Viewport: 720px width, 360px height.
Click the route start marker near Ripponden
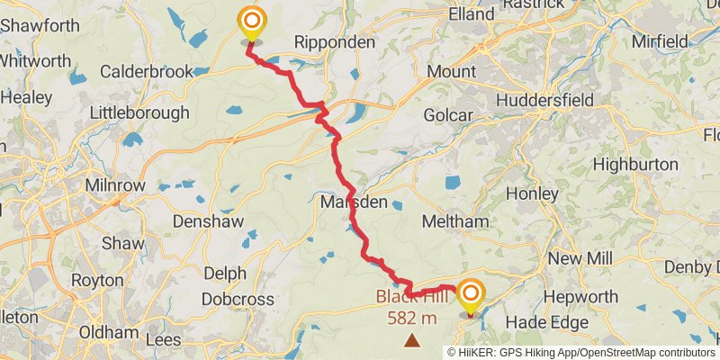[x=251, y=22]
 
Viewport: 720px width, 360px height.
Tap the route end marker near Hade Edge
[x=471, y=296]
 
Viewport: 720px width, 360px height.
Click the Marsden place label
[x=354, y=202]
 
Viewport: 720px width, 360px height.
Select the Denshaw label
[x=204, y=220]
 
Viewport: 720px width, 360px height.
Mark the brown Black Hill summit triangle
[x=412, y=339]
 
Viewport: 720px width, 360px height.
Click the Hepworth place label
[x=587, y=297]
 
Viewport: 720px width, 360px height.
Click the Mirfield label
[x=660, y=41]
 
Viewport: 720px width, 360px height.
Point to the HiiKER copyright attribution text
[x=581, y=352]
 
